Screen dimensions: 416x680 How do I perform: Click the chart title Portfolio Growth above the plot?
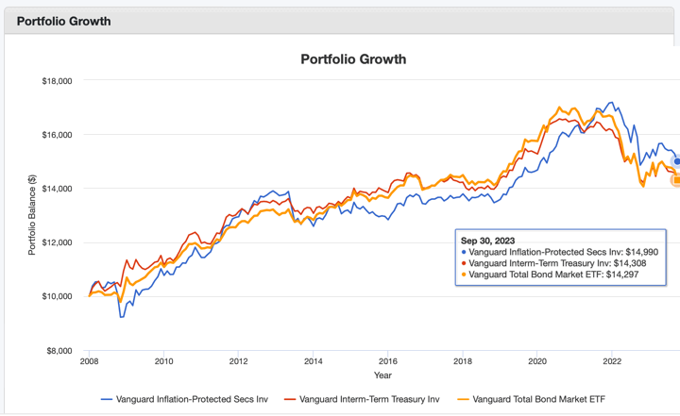353,59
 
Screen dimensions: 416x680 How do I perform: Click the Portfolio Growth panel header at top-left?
63,21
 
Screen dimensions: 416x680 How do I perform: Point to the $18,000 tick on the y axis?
58,81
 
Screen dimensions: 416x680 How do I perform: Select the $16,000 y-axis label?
58,135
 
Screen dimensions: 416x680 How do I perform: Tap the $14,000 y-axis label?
58,189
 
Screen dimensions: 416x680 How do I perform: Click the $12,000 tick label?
58,242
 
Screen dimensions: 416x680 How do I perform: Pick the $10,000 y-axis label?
58,296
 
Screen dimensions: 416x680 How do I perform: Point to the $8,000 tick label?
59,350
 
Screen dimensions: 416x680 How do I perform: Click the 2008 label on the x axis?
89,360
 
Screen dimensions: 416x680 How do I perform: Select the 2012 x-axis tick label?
238,360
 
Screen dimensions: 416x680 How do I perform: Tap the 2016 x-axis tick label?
387,360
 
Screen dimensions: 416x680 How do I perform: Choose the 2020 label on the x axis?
537,360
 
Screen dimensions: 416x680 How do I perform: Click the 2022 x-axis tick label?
612,360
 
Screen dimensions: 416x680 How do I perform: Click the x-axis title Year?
382,374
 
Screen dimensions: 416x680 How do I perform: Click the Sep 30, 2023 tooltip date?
487,241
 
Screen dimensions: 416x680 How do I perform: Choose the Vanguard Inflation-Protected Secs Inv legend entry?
184,400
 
